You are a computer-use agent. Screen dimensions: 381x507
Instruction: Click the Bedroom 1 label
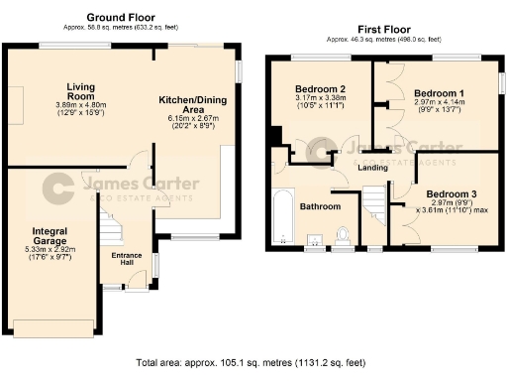point(433,90)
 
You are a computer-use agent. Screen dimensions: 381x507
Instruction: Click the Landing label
point(372,167)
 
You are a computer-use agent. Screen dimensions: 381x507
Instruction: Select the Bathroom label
point(321,206)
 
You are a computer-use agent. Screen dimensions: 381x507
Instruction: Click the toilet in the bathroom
point(344,236)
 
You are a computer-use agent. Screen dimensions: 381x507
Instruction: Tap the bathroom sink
point(316,239)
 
